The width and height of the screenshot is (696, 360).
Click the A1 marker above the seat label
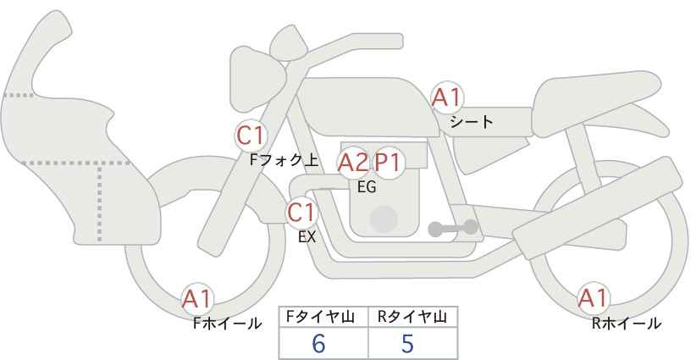[x=448, y=97]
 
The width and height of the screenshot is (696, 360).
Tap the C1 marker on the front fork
[x=251, y=136]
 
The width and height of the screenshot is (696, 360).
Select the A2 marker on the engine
[x=353, y=163]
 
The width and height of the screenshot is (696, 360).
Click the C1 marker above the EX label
[x=301, y=213]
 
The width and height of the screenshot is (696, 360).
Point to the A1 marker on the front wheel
[x=197, y=299]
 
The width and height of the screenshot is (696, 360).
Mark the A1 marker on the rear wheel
[x=593, y=298]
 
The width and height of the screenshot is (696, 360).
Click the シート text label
[x=472, y=121]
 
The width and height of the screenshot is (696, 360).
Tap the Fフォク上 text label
[x=284, y=159]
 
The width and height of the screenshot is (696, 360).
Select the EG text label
[x=367, y=187]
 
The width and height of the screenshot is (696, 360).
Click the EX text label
[x=307, y=237]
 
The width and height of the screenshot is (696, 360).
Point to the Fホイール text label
[x=227, y=324]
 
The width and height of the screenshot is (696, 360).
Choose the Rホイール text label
[x=627, y=324]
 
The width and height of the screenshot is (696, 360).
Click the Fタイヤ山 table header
[x=320, y=317]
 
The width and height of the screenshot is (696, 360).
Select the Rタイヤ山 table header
[x=412, y=317]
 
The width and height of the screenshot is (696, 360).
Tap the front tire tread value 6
[x=318, y=343]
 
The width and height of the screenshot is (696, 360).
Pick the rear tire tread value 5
[x=407, y=343]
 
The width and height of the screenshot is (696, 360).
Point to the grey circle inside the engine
[x=384, y=219]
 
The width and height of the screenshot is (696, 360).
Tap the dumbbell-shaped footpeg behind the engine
[x=453, y=228]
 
